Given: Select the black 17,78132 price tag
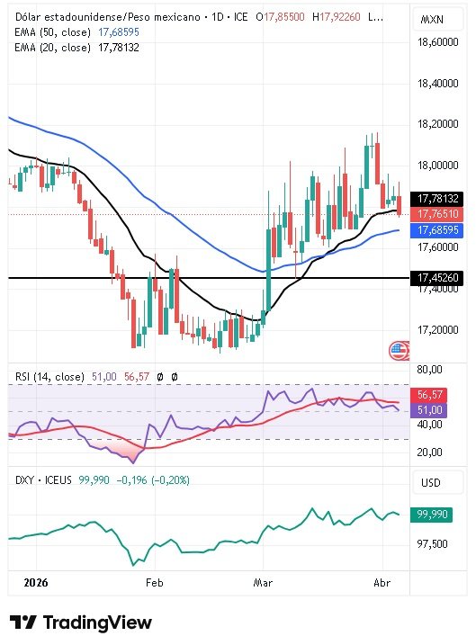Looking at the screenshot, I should (x=439, y=199).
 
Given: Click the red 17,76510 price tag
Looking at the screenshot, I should (x=439, y=214).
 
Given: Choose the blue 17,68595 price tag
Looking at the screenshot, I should (x=439, y=230).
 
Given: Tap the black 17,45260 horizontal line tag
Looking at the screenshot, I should (x=439, y=279).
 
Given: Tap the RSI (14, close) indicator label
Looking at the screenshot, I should (x=46, y=377).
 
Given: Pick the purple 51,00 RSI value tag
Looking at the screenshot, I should (x=434, y=410).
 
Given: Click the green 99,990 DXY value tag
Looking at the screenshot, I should (x=435, y=514).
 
